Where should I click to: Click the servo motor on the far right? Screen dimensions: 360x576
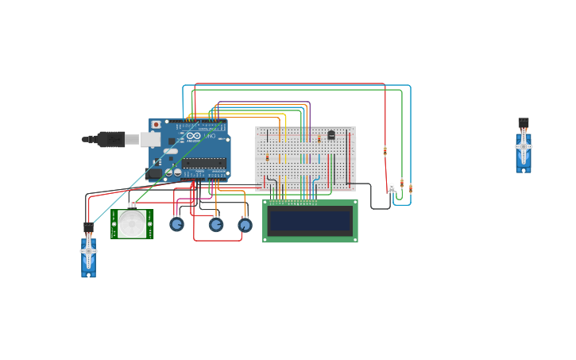pos(523,152)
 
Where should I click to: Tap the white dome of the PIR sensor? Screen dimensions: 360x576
pos(132,223)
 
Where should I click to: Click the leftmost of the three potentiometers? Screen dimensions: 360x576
pos(176,224)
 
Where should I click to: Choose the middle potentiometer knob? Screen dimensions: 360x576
pos(216,225)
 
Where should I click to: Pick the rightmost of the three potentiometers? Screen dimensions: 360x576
pos(245,225)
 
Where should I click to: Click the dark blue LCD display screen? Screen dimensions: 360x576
pos(310,220)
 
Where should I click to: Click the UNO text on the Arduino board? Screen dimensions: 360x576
pos(209,136)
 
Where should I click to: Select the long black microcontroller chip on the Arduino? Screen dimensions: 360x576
pos(203,164)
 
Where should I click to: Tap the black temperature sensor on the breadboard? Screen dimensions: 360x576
pos(331,134)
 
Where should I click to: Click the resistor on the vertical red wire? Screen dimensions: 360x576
pos(385,151)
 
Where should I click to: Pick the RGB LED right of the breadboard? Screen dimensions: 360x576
pos(392,187)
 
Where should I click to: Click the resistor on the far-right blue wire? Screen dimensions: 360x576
pos(411,188)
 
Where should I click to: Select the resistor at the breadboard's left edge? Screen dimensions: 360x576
pos(267,157)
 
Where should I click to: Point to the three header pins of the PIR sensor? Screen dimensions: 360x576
pos(132,205)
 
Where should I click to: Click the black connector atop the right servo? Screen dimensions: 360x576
pos(523,122)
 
